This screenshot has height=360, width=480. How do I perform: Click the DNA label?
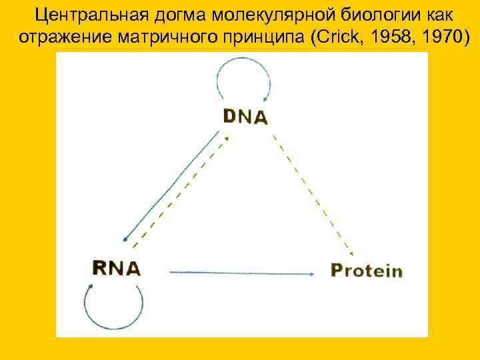pos(245,117)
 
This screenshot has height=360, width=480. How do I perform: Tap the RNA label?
pos(116,268)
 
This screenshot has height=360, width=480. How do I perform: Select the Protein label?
pos(367,270)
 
